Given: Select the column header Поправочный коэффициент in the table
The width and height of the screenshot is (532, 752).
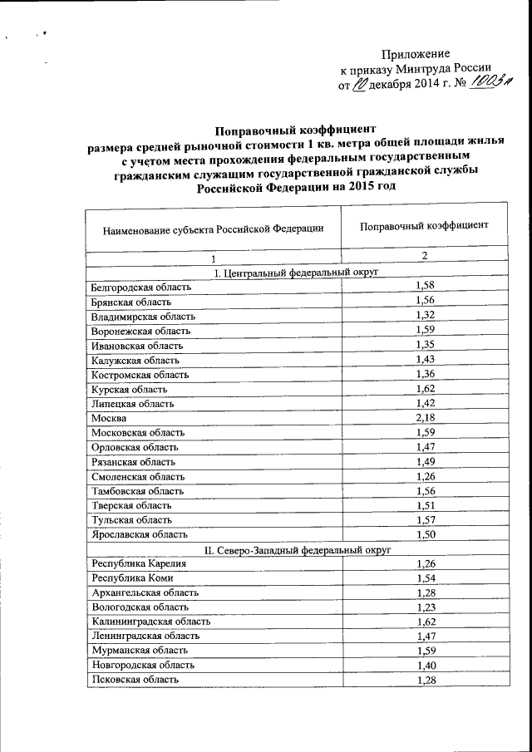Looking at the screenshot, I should tap(424, 225).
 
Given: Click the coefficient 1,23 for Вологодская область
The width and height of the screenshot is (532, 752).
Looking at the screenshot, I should tap(425, 607).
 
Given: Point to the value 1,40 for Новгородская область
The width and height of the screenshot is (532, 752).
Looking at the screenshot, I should tap(425, 665).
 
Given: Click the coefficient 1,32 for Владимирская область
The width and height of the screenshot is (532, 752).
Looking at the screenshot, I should tap(425, 316).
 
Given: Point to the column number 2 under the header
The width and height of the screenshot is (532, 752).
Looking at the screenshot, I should tap(424, 257).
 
